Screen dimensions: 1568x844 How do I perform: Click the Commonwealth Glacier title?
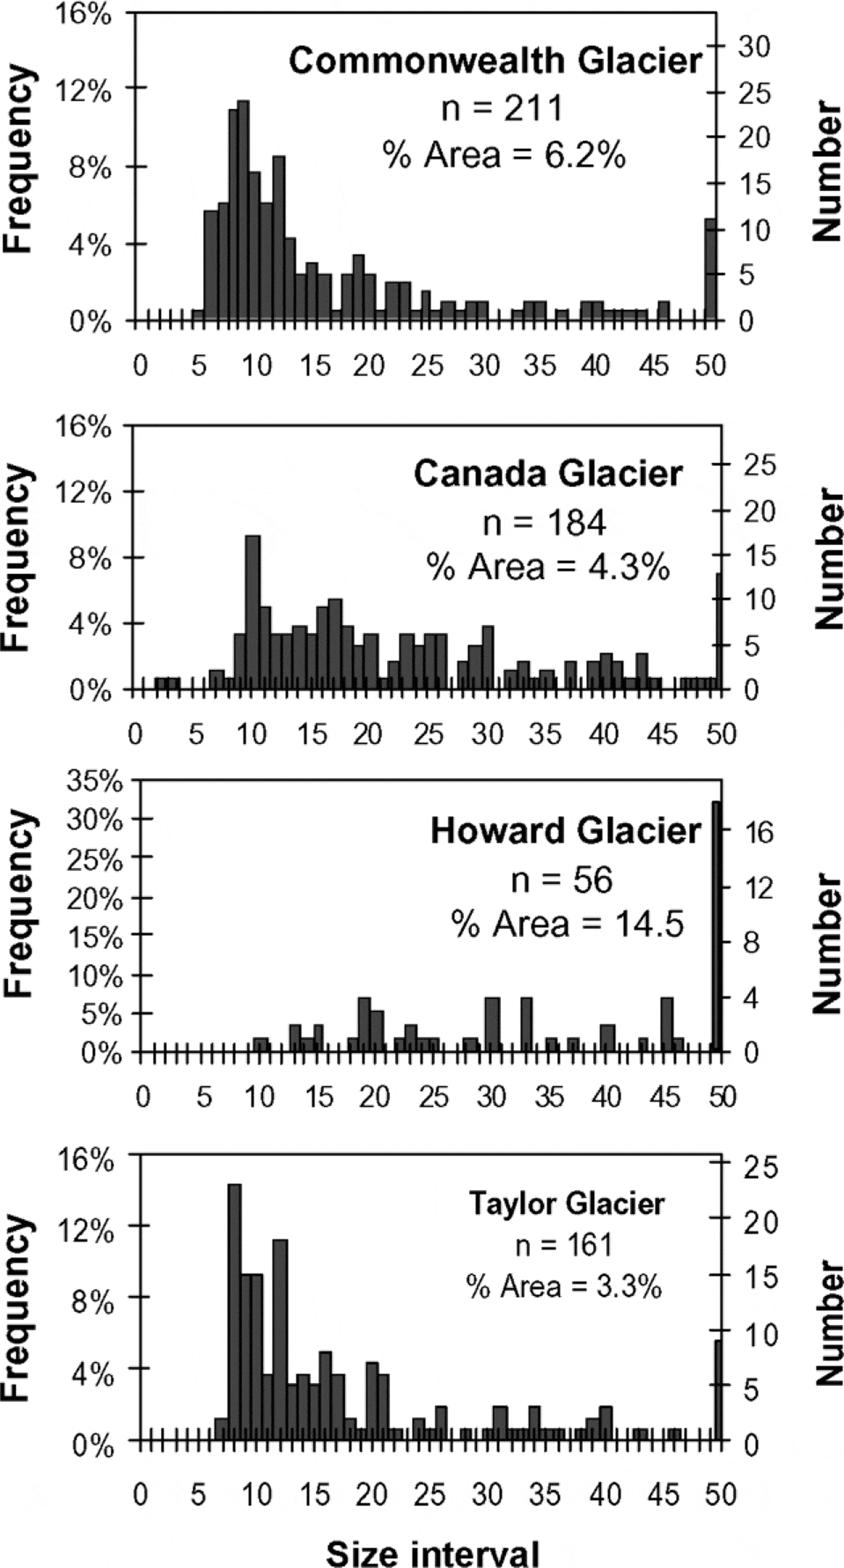pyautogui.click(x=496, y=61)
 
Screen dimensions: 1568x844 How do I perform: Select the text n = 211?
pyautogui.click(x=502, y=109)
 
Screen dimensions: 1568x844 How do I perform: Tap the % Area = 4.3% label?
pyautogui.click(x=547, y=567)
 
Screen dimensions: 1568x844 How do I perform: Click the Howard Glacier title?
pyautogui.click(x=565, y=831)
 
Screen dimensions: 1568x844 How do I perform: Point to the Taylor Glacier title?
pyautogui.click(x=567, y=1203)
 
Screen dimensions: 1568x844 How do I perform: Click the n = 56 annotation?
pyautogui.click(x=561, y=880)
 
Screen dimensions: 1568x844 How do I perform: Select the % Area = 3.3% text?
pyautogui.click(x=564, y=1288)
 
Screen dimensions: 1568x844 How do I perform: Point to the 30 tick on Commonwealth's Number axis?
pyautogui.click(x=754, y=47)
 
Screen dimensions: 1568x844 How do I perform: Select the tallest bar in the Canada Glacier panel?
pyautogui.click(x=253, y=612)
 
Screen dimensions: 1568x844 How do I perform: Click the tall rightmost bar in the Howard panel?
pyautogui.click(x=717, y=925)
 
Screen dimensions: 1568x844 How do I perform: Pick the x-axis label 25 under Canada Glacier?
pyautogui.click(x=428, y=735)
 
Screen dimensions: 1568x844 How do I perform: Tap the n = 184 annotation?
pyautogui.click(x=544, y=522)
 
